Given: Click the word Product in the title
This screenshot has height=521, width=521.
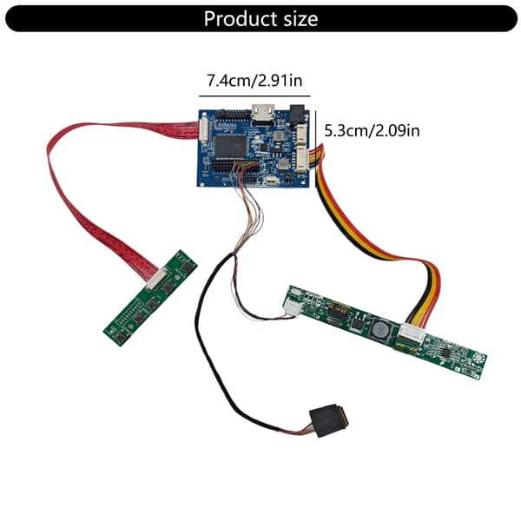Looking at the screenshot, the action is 241,18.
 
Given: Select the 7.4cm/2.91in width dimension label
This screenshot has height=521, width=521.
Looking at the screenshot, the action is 254,81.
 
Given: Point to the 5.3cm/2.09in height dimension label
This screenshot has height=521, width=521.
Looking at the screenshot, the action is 372,130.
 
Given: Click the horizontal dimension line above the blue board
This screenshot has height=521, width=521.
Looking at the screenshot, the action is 254,96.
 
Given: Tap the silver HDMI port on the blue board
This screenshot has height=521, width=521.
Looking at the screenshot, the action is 263,113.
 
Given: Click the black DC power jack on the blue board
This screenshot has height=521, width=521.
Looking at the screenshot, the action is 297,115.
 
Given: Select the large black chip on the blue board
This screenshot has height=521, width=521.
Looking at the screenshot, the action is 231,146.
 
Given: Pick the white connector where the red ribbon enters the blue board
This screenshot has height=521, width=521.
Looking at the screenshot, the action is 203,129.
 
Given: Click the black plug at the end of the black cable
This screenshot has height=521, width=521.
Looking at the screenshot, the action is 328,420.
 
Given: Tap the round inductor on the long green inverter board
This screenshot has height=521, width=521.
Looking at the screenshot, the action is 380,329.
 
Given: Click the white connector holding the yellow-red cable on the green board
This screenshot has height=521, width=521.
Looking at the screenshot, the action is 412,333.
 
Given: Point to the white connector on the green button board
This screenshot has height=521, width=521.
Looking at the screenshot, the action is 156,279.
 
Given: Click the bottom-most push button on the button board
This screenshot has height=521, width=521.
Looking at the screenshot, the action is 122,337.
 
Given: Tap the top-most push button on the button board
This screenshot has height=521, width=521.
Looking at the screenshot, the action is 186,267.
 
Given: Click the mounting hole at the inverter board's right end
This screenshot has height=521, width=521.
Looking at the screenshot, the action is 478,358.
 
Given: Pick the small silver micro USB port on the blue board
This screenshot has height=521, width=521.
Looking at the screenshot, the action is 272,181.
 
